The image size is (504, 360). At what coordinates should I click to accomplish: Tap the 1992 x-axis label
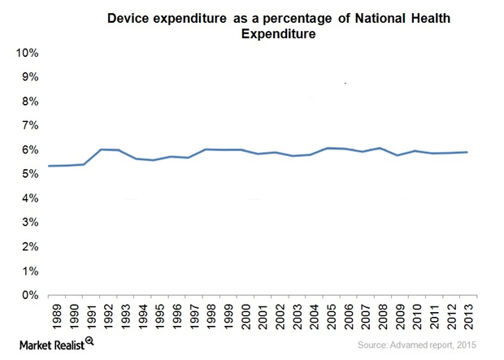[106, 317]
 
